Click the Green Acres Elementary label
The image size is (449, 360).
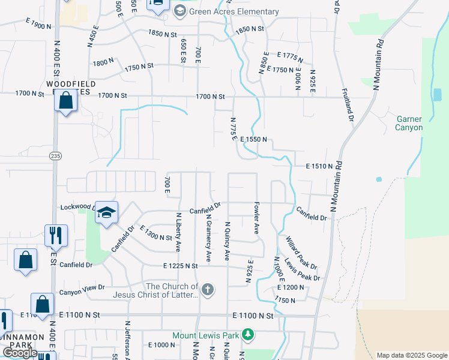click(234, 11)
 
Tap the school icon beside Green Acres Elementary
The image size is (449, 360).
click(179, 11)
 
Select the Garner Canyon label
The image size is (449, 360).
click(409, 124)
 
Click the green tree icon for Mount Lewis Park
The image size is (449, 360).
click(247, 335)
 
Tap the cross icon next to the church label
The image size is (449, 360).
click(208, 290)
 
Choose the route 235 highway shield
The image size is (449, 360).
click(55, 156)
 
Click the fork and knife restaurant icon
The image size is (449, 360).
click(56, 234)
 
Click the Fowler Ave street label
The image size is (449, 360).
click(256, 218)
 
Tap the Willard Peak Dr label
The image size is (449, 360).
click(301, 252)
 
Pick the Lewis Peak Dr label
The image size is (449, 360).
click(303, 269)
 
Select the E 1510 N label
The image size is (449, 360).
click(319, 166)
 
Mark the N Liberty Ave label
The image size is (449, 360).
click(178, 232)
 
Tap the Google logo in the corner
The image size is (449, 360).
click(20, 353)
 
